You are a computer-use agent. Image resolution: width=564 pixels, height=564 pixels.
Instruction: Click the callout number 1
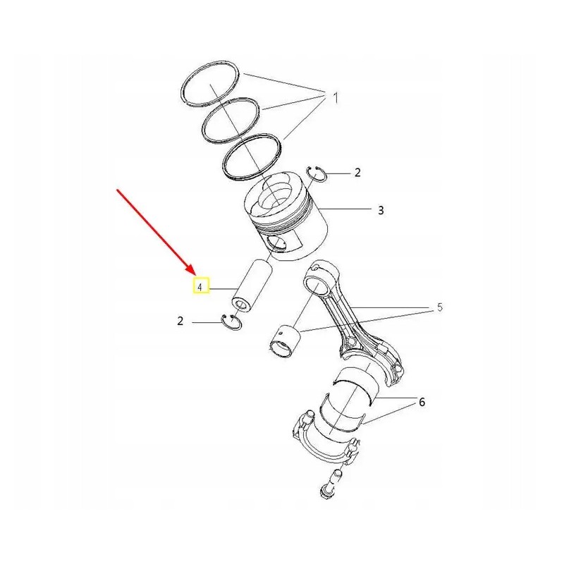(336, 98)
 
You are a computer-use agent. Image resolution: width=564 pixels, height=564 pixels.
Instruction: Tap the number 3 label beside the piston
(381, 210)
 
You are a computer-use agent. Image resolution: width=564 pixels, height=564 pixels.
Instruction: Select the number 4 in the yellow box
(201, 287)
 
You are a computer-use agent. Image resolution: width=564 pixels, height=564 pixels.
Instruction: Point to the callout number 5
(440, 307)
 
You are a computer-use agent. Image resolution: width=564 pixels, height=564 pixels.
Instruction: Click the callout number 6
(422, 403)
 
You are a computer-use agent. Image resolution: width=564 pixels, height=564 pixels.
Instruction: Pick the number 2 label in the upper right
(357, 172)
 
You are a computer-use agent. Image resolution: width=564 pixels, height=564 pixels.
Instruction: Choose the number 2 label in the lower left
(180, 321)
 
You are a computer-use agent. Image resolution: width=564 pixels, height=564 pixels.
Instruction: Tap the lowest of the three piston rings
(252, 159)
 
